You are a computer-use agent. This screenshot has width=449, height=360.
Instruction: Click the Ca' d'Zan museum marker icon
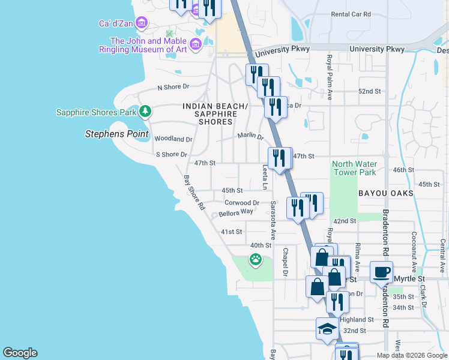click(x=142, y=23)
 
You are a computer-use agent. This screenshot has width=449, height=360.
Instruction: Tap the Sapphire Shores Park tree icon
click(x=145, y=112)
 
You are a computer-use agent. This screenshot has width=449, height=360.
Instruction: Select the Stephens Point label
click(x=116, y=134)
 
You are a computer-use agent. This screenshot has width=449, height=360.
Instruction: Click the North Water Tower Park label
click(x=354, y=169)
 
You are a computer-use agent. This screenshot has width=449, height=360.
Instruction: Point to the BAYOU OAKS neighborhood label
click(x=386, y=193)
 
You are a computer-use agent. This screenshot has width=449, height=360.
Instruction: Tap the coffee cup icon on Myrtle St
click(x=381, y=272)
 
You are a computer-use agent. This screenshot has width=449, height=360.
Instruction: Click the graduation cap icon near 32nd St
click(x=327, y=328)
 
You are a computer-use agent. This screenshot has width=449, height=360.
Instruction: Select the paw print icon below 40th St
click(x=256, y=260)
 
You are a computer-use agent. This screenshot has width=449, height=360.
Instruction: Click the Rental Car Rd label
click(x=351, y=14)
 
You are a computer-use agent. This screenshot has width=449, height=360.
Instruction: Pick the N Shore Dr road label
click(x=173, y=87)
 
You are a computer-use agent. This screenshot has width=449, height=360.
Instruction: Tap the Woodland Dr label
click(x=173, y=139)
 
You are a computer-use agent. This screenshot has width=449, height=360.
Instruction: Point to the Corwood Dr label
click(x=242, y=203)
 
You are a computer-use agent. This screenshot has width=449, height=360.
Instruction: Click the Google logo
click(x=20, y=353)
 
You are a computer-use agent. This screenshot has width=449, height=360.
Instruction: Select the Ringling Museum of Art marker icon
click(x=195, y=44)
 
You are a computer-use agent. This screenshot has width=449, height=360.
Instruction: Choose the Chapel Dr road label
click(x=286, y=263)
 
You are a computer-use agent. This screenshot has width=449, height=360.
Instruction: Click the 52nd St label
click(x=369, y=91)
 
